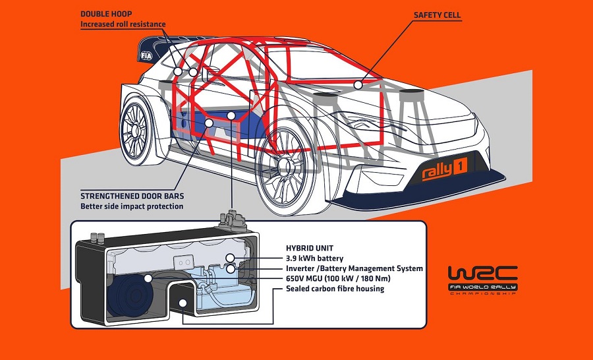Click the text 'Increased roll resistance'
(122, 24)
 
